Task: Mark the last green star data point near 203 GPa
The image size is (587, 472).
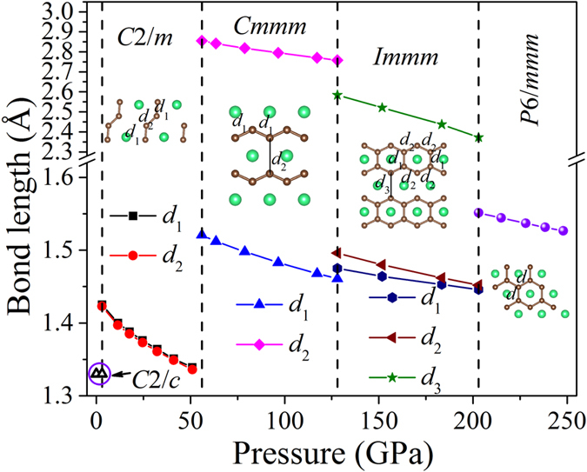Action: pyautogui.click(x=478, y=137)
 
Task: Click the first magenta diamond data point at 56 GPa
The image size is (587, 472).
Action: pyautogui.click(x=202, y=41)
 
